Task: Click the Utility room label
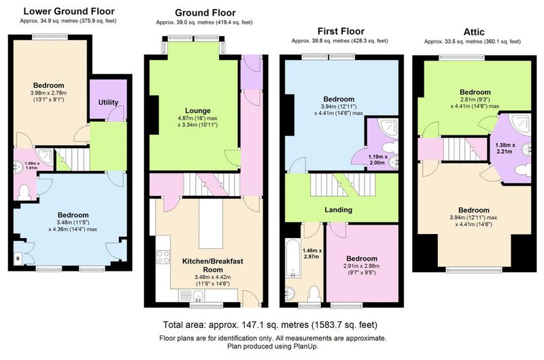coord(108,102)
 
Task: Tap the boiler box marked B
coord(18,259)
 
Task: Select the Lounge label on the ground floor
coord(198,111)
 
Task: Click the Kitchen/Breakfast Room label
coord(213,265)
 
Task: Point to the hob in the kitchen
coord(163,257)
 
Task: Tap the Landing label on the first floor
coord(338,210)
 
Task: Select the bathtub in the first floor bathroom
coord(294,258)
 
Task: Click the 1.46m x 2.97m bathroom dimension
coord(312,253)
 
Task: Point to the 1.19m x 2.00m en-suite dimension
coord(378,160)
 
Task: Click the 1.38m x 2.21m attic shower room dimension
coord(505,148)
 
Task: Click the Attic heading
coord(473,32)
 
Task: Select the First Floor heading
coord(341,31)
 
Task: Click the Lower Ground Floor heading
coord(69,11)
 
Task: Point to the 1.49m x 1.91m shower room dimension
coord(32,165)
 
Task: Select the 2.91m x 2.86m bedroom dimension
coord(362,266)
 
